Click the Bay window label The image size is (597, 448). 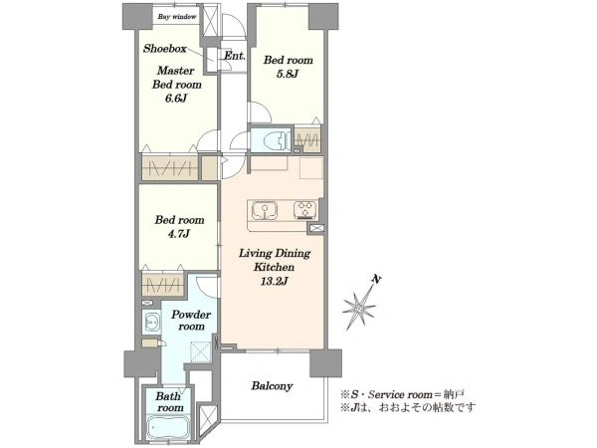point(177,17)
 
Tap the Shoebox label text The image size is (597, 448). point(165,49)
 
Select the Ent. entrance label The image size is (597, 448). point(234,56)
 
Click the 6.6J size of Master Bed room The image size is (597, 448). point(176,99)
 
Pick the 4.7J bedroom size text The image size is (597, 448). point(178,234)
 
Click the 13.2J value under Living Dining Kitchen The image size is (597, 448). point(274,282)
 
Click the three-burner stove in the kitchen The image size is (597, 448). point(305,210)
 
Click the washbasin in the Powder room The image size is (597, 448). point(150,323)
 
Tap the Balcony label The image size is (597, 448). point(272,386)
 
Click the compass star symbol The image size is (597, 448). point(358,308)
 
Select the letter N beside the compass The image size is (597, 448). point(376,280)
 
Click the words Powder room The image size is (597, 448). point(190,321)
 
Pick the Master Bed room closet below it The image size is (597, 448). point(170,167)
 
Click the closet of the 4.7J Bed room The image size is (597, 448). point(163,284)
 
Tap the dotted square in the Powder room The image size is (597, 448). point(201,351)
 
